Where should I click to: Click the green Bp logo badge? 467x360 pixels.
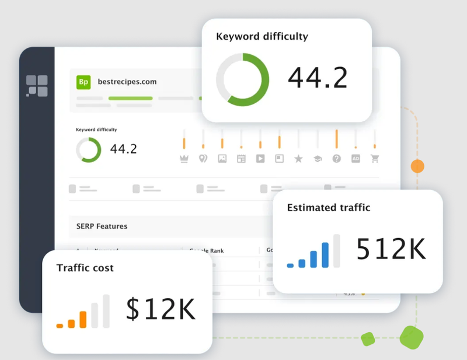(83, 82)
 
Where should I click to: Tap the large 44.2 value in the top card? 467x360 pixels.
(318, 78)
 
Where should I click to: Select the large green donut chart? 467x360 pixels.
(242, 79)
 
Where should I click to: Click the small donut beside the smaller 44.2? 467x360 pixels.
(88, 149)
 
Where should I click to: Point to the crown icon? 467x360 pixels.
(184, 158)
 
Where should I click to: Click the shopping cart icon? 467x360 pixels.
(375, 158)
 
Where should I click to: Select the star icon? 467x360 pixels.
(298, 158)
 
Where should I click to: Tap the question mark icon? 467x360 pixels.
(336, 158)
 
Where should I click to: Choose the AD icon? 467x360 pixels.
(356, 158)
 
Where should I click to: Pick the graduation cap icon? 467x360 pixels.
(318, 158)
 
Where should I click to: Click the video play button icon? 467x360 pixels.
(260, 158)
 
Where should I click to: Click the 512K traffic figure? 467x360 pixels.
(391, 250)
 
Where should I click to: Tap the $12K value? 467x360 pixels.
(161, 309)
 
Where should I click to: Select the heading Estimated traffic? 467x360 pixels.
(329, 208)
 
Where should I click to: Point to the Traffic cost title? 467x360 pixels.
(85, 268)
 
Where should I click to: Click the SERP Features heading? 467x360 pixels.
(102, 226)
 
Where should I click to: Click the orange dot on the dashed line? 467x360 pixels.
(417, 166)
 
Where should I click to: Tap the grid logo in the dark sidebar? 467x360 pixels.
(37, 86)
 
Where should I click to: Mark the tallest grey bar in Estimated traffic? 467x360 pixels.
(336, 251)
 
